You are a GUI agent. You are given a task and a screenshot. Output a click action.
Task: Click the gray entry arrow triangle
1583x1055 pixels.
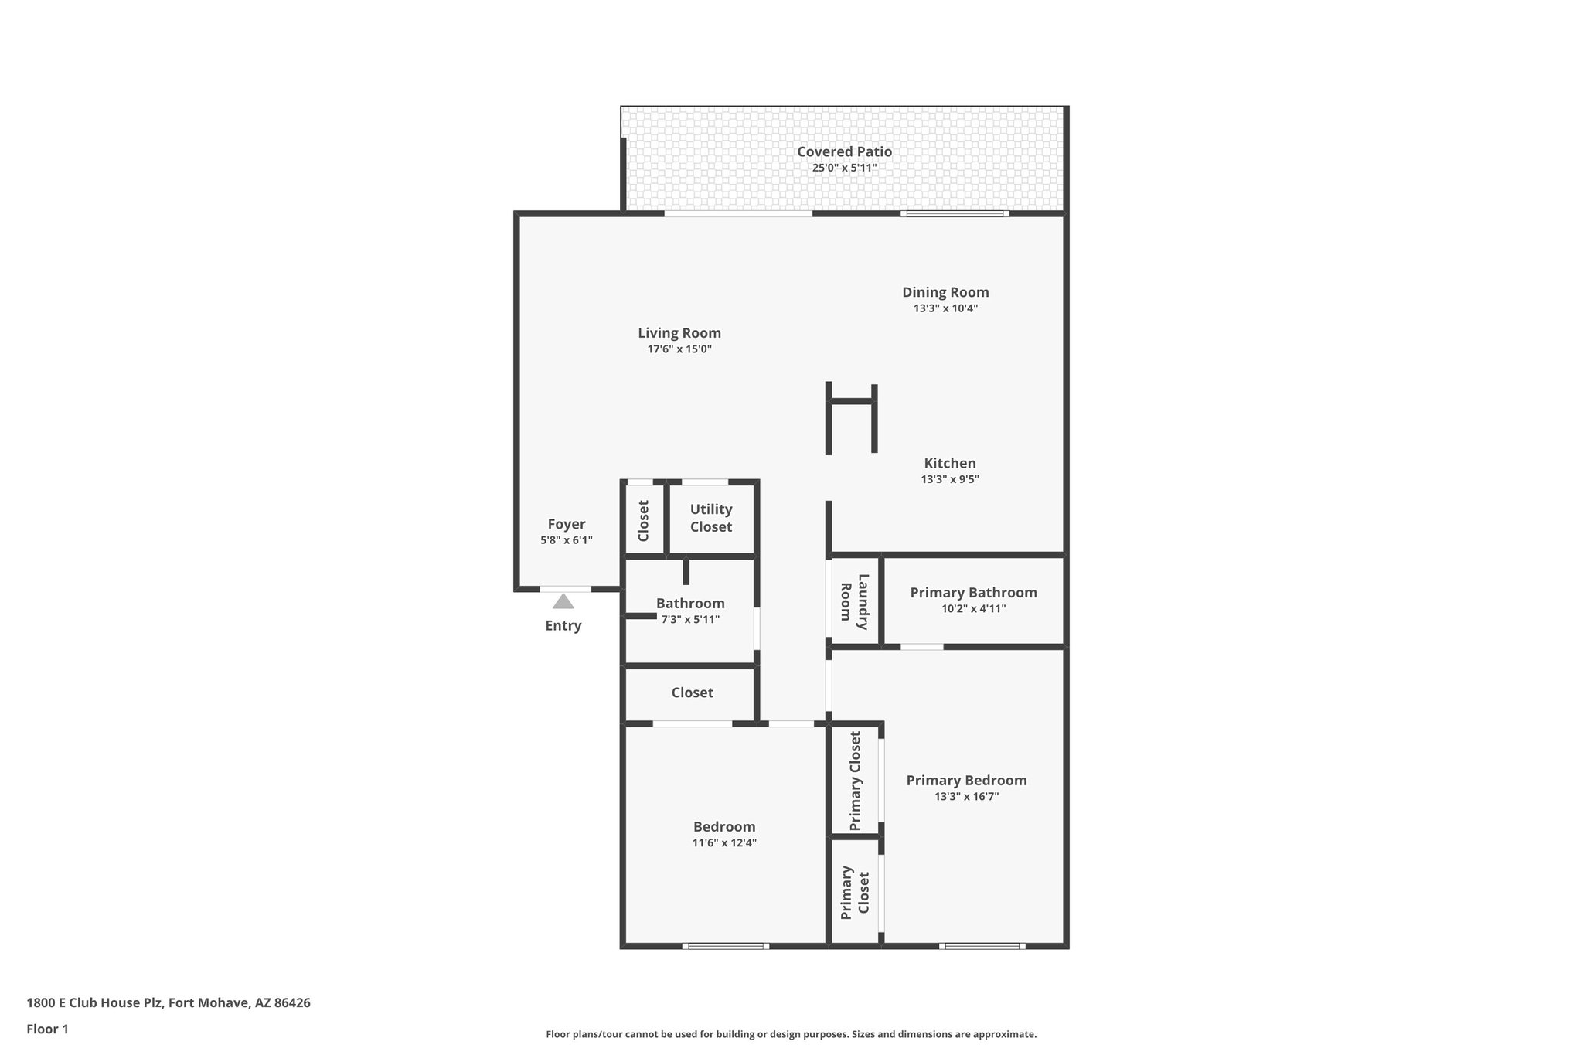(x=563, y=601)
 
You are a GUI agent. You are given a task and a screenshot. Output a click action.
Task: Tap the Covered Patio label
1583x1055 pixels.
(x=844, y=151)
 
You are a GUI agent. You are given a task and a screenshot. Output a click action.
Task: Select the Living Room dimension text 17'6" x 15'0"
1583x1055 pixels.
(x=679, y=349)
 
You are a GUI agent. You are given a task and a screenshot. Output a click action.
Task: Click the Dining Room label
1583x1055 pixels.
(x=945, y=292)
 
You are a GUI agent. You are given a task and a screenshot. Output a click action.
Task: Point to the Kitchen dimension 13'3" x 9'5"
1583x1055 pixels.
(x=949, y=479)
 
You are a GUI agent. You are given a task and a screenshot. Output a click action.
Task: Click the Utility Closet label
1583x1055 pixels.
(x=710, y=518)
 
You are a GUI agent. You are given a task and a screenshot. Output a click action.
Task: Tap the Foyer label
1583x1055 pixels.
(x=566, y=524)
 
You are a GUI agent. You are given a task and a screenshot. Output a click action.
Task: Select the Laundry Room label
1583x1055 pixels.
(x=854, y=601)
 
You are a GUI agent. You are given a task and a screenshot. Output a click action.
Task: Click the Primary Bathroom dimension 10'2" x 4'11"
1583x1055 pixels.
(x=973, y=609)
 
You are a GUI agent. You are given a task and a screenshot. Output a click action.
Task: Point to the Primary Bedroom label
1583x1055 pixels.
(x=966, y=781)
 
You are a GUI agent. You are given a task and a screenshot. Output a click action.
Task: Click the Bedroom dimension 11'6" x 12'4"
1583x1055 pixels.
(x=723, y=843)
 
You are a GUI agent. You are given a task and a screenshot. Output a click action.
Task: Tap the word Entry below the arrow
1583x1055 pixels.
(x=563, y=626)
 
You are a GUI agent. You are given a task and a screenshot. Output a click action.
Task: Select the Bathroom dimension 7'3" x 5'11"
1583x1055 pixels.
(x=690, y=620)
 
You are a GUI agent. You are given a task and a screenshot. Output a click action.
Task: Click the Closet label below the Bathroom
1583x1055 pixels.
(x=692, y=693)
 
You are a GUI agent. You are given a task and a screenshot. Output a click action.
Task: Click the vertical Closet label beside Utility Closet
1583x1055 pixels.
(x=643, y=520)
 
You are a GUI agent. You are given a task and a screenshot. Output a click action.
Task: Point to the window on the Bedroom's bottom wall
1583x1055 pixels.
(x=725, y=946)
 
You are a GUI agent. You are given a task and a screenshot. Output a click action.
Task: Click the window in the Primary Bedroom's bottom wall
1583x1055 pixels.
(x=982, y=946)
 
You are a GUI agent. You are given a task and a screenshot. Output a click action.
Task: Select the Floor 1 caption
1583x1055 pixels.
(x=47, y=1029)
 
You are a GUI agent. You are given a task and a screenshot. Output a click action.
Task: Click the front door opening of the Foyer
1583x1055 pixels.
(x=565, y=589)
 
